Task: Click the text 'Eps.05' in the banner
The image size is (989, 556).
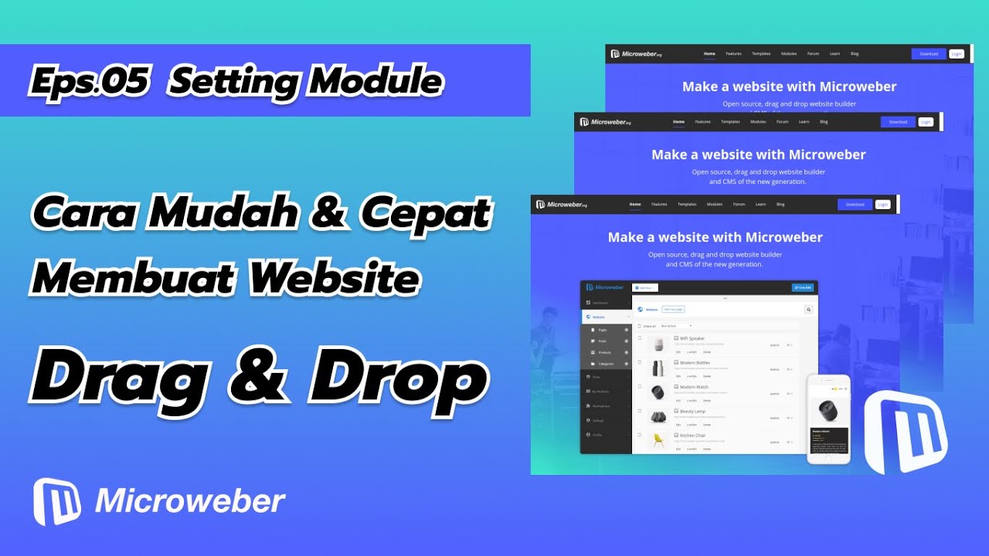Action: [x=88, y=82]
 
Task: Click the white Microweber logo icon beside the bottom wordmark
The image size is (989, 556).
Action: [x=57, y=502]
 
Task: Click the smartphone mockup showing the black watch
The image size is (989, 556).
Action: [x=828, y=419]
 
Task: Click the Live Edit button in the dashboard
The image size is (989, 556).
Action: [x=802, y=287]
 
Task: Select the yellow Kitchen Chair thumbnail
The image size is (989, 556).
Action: [x=658, y=440]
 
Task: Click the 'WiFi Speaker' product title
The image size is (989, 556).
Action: [x=692, y=338]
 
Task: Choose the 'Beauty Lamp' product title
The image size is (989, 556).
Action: [x=692, y=412]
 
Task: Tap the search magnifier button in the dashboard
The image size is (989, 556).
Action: [x=808, y=309]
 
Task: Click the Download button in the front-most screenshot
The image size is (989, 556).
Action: [x=855, y=205]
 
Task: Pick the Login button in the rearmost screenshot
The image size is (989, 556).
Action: [x=957, y=54]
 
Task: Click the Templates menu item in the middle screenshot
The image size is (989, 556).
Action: [x=730, y=122]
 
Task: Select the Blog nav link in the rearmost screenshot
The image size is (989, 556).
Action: [x=855, y=54]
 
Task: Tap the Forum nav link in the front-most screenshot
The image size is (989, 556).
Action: [x=739, y=205]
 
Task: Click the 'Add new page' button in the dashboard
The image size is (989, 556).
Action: [x=673, y=309]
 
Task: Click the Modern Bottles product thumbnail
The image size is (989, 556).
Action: [x=658, y=368]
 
